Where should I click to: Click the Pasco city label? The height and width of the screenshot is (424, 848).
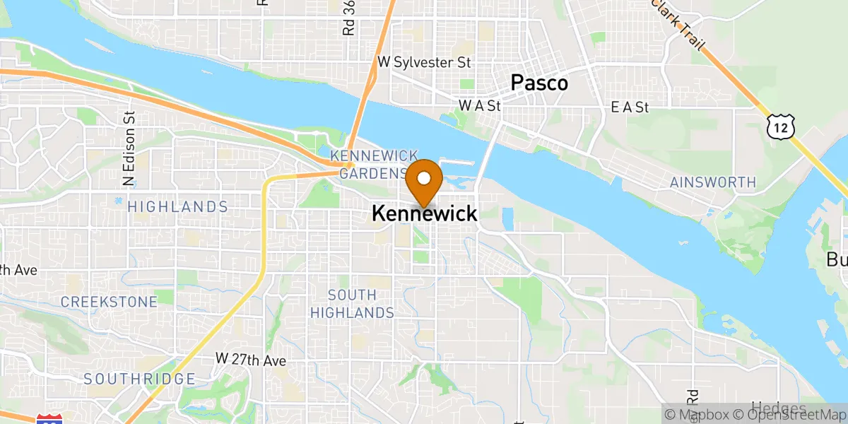(x=539, y=83)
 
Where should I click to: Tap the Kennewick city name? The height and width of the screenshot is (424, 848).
(x=424, y=213)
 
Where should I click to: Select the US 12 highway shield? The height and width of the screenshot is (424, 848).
(x=780, y=126)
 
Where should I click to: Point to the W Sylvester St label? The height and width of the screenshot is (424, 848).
(x=424, y=62)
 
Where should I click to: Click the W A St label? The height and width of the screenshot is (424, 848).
(x=480, y=106)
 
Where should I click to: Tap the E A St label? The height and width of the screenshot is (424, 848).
(x=630, y=107)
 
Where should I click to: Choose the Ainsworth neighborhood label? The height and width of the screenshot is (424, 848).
(x=712, y=183)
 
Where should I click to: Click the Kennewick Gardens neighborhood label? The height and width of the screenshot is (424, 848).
(x=375, y=164)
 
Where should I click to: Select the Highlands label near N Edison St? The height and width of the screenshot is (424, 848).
(x=177, y=207)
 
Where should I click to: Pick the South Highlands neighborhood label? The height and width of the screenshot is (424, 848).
(x=361, y=303)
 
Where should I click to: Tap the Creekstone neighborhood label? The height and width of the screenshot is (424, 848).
(x=109, y=302)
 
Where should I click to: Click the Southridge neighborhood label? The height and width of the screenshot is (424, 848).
(x=139, y=379)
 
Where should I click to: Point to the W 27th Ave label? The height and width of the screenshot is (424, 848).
(x=251, y=360)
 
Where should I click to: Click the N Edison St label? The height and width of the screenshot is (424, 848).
(x=129, y=149)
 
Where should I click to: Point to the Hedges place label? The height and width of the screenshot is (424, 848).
(x=777, y=408)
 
